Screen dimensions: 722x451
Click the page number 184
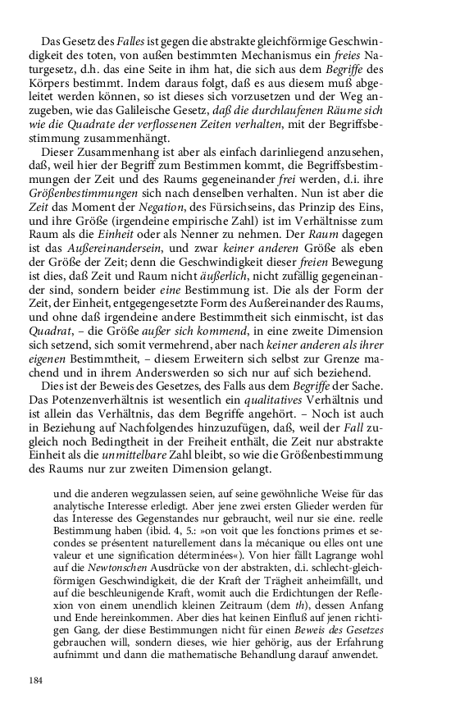click(x=35, y=680)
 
